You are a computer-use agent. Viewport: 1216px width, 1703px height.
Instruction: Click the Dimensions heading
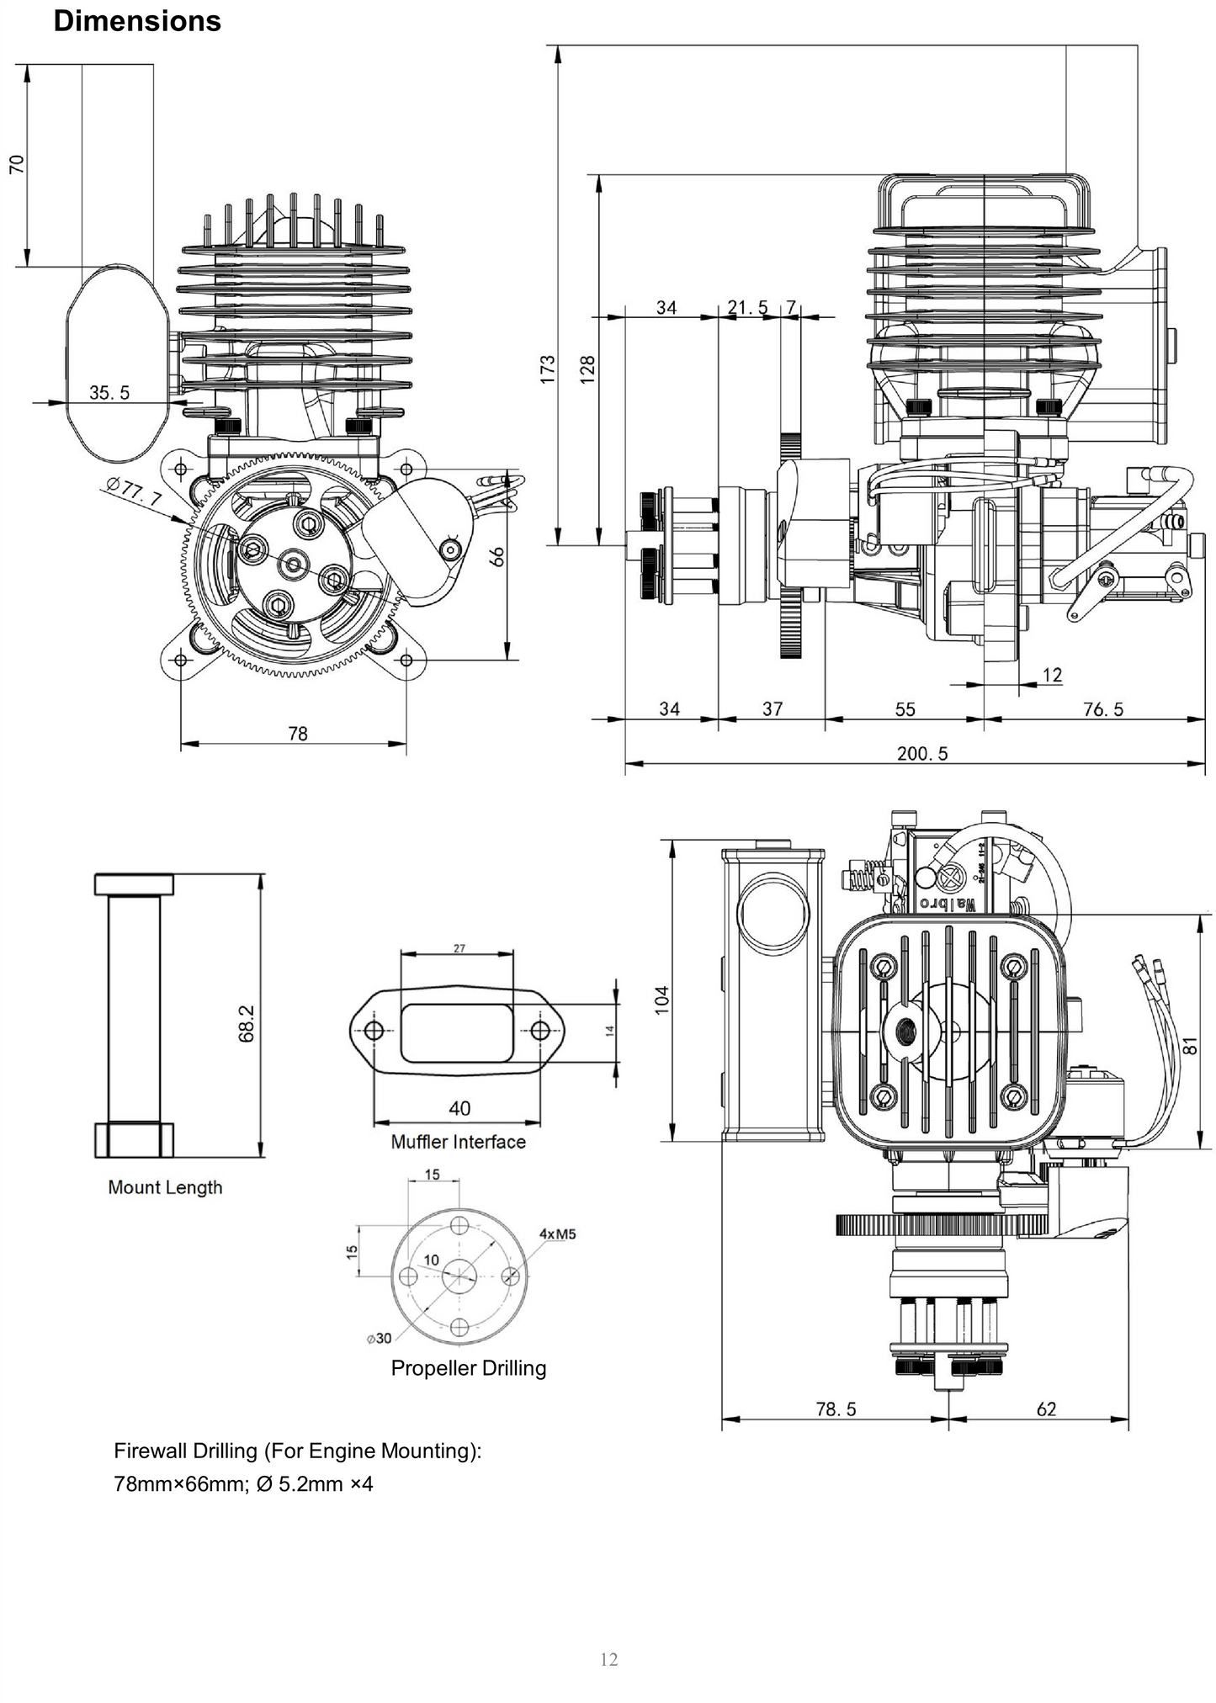click(137, 21)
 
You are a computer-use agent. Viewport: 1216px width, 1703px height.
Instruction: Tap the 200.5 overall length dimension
click(921, 753)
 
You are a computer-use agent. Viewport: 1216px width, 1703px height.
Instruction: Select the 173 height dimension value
click(548, 369)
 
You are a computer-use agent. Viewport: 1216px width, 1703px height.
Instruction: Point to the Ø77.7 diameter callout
click(135, 493)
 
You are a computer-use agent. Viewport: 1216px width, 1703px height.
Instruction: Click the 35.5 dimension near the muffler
click(109, 392)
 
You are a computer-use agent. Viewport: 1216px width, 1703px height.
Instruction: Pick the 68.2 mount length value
click(247, 1022)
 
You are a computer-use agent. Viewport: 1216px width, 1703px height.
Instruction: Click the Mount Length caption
click(165, 1187)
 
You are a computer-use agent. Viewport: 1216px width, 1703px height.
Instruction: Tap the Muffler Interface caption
click(458, 1142)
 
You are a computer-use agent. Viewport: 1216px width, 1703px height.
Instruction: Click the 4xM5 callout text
click(557, 1233)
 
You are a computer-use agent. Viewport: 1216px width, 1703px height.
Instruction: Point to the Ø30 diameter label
click(379, 1338)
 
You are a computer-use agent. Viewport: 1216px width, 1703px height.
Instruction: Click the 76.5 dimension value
click(1102, 709)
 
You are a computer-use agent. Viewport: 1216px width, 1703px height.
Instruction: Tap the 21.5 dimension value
click(747, 307)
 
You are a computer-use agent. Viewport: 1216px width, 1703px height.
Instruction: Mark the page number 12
click(608, 1659)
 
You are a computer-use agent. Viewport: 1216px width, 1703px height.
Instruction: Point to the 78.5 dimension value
click(836, 1409)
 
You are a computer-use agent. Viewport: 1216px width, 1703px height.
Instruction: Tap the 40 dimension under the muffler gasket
click(459, 1107)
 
